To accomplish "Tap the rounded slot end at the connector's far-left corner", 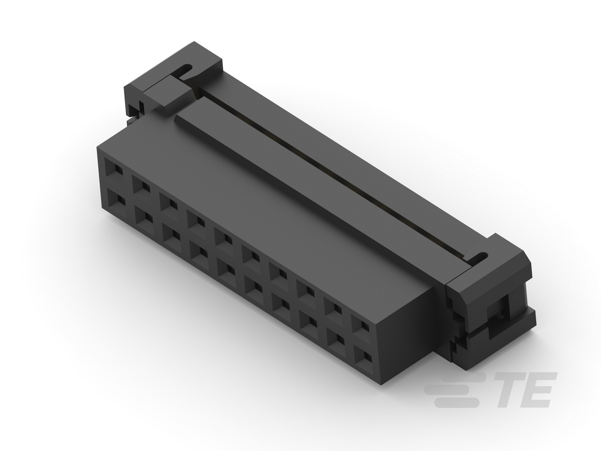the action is (x=187, y=68).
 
